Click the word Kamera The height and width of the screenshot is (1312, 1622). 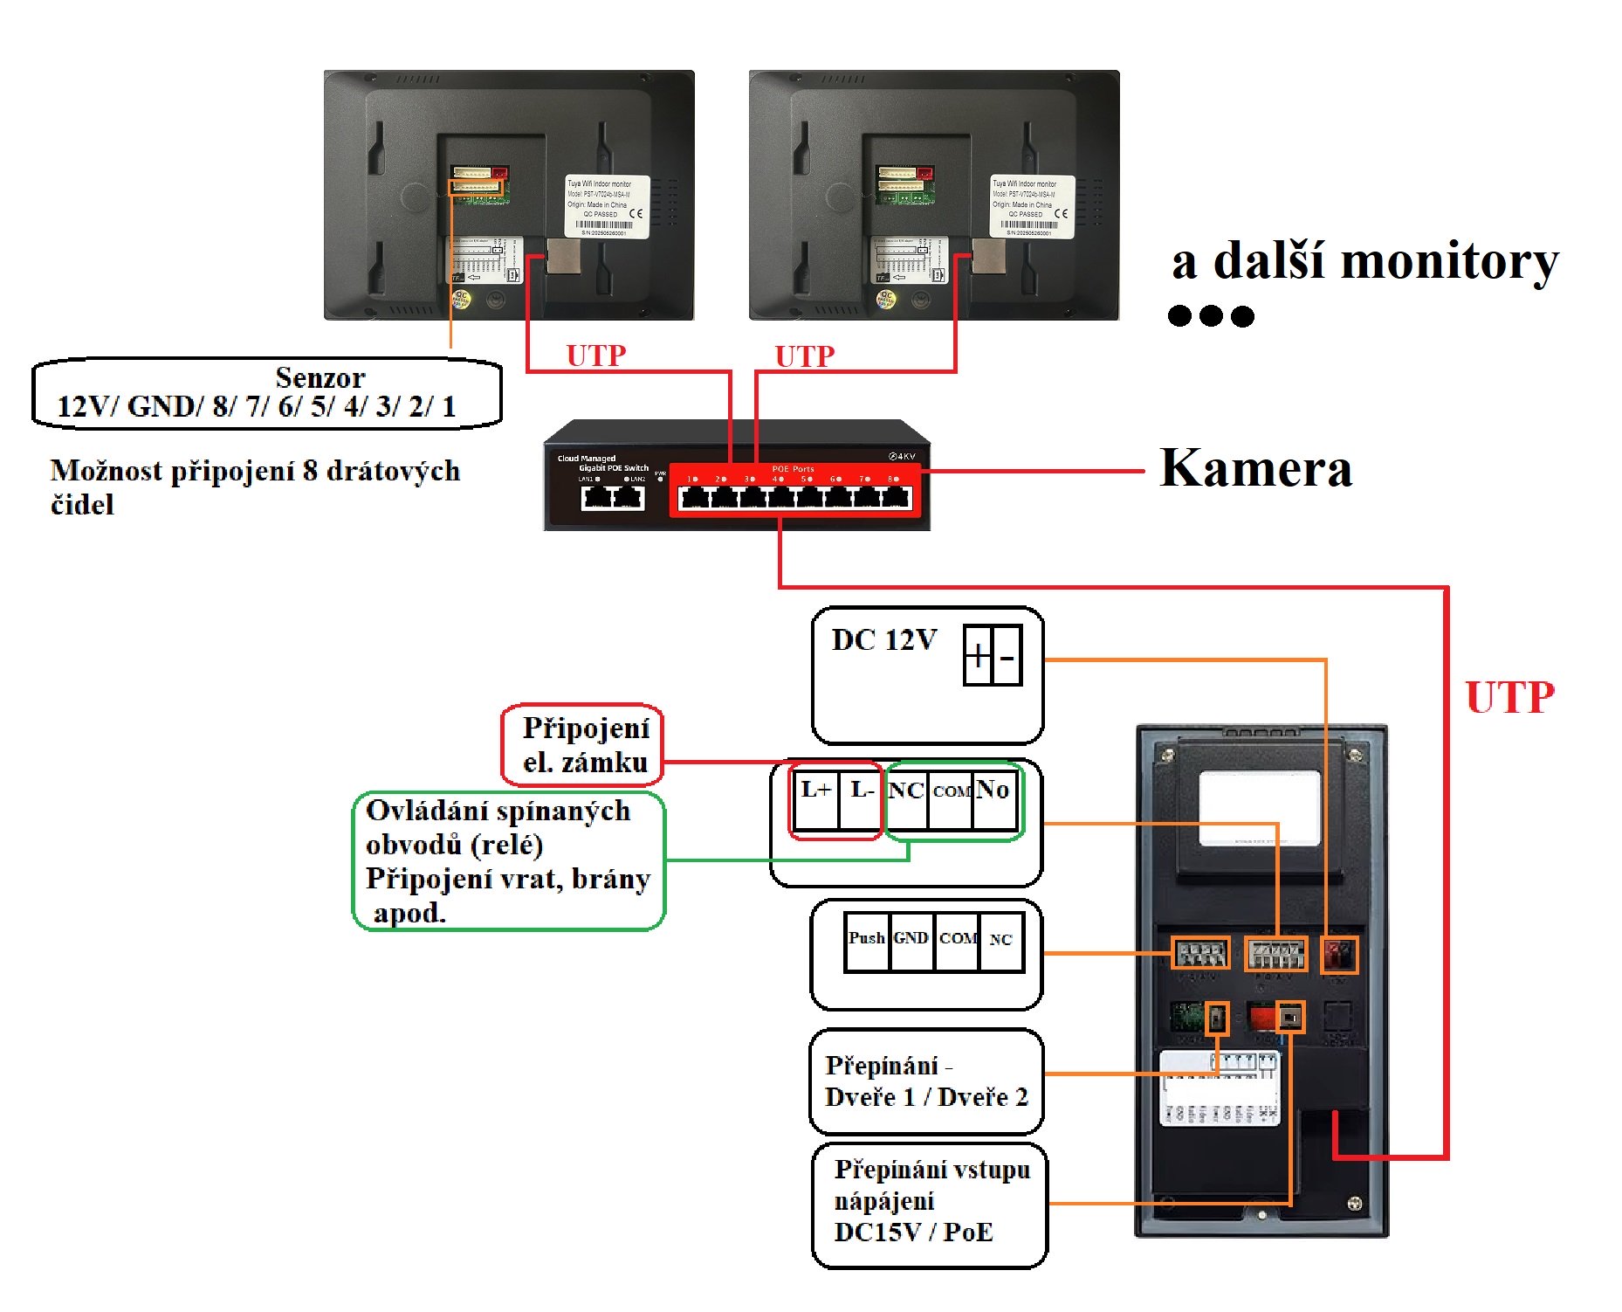click(x=1255, y=468)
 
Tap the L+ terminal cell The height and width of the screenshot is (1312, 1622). click(x=815, y=798)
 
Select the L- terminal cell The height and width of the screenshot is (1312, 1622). click(x=862, y=798)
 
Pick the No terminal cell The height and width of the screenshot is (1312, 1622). click(x=993, y=798)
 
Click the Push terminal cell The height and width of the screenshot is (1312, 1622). click(x=867, y=942)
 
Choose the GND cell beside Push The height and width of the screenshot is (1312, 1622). click(x=911, y=942)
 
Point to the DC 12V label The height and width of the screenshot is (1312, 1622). click(x=883, y=639)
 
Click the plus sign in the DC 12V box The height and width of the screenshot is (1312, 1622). click(x=978, y=655)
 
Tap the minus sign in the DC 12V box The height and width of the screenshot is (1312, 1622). click(x=1007, y=655)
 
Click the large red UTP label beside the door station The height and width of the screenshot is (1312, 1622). click(x=1509, y=697)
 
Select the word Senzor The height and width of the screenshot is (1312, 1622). click(x=320, y=377)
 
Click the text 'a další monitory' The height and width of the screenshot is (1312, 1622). click(x=1364, y=261)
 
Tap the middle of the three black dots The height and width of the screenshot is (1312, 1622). click(x=1211, y=315)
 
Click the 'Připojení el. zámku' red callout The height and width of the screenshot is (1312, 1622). click(x=583, y=745)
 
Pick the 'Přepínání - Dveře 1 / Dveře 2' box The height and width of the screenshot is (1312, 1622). click(x=926, y=1081)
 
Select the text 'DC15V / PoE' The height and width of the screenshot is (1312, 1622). click(x=913, y=1232)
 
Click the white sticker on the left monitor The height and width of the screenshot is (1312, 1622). click(x=608, y=206)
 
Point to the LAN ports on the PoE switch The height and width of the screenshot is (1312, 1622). click(x=613, y=497)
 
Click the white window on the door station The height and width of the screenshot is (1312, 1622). click(x=1259, y=807)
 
